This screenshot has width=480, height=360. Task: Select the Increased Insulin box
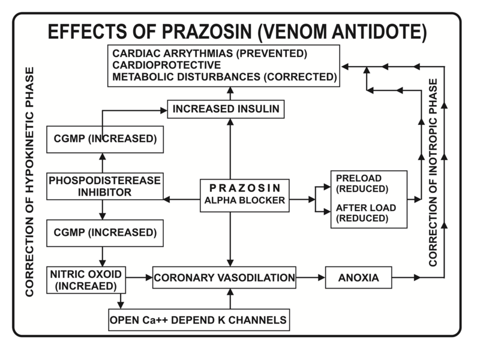224,109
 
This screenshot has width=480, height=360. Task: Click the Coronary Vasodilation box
225,278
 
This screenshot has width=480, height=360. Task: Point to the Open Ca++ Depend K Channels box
197,319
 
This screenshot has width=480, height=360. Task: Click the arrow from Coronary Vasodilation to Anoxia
311,278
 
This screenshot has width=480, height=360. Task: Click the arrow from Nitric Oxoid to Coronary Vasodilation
140,278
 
